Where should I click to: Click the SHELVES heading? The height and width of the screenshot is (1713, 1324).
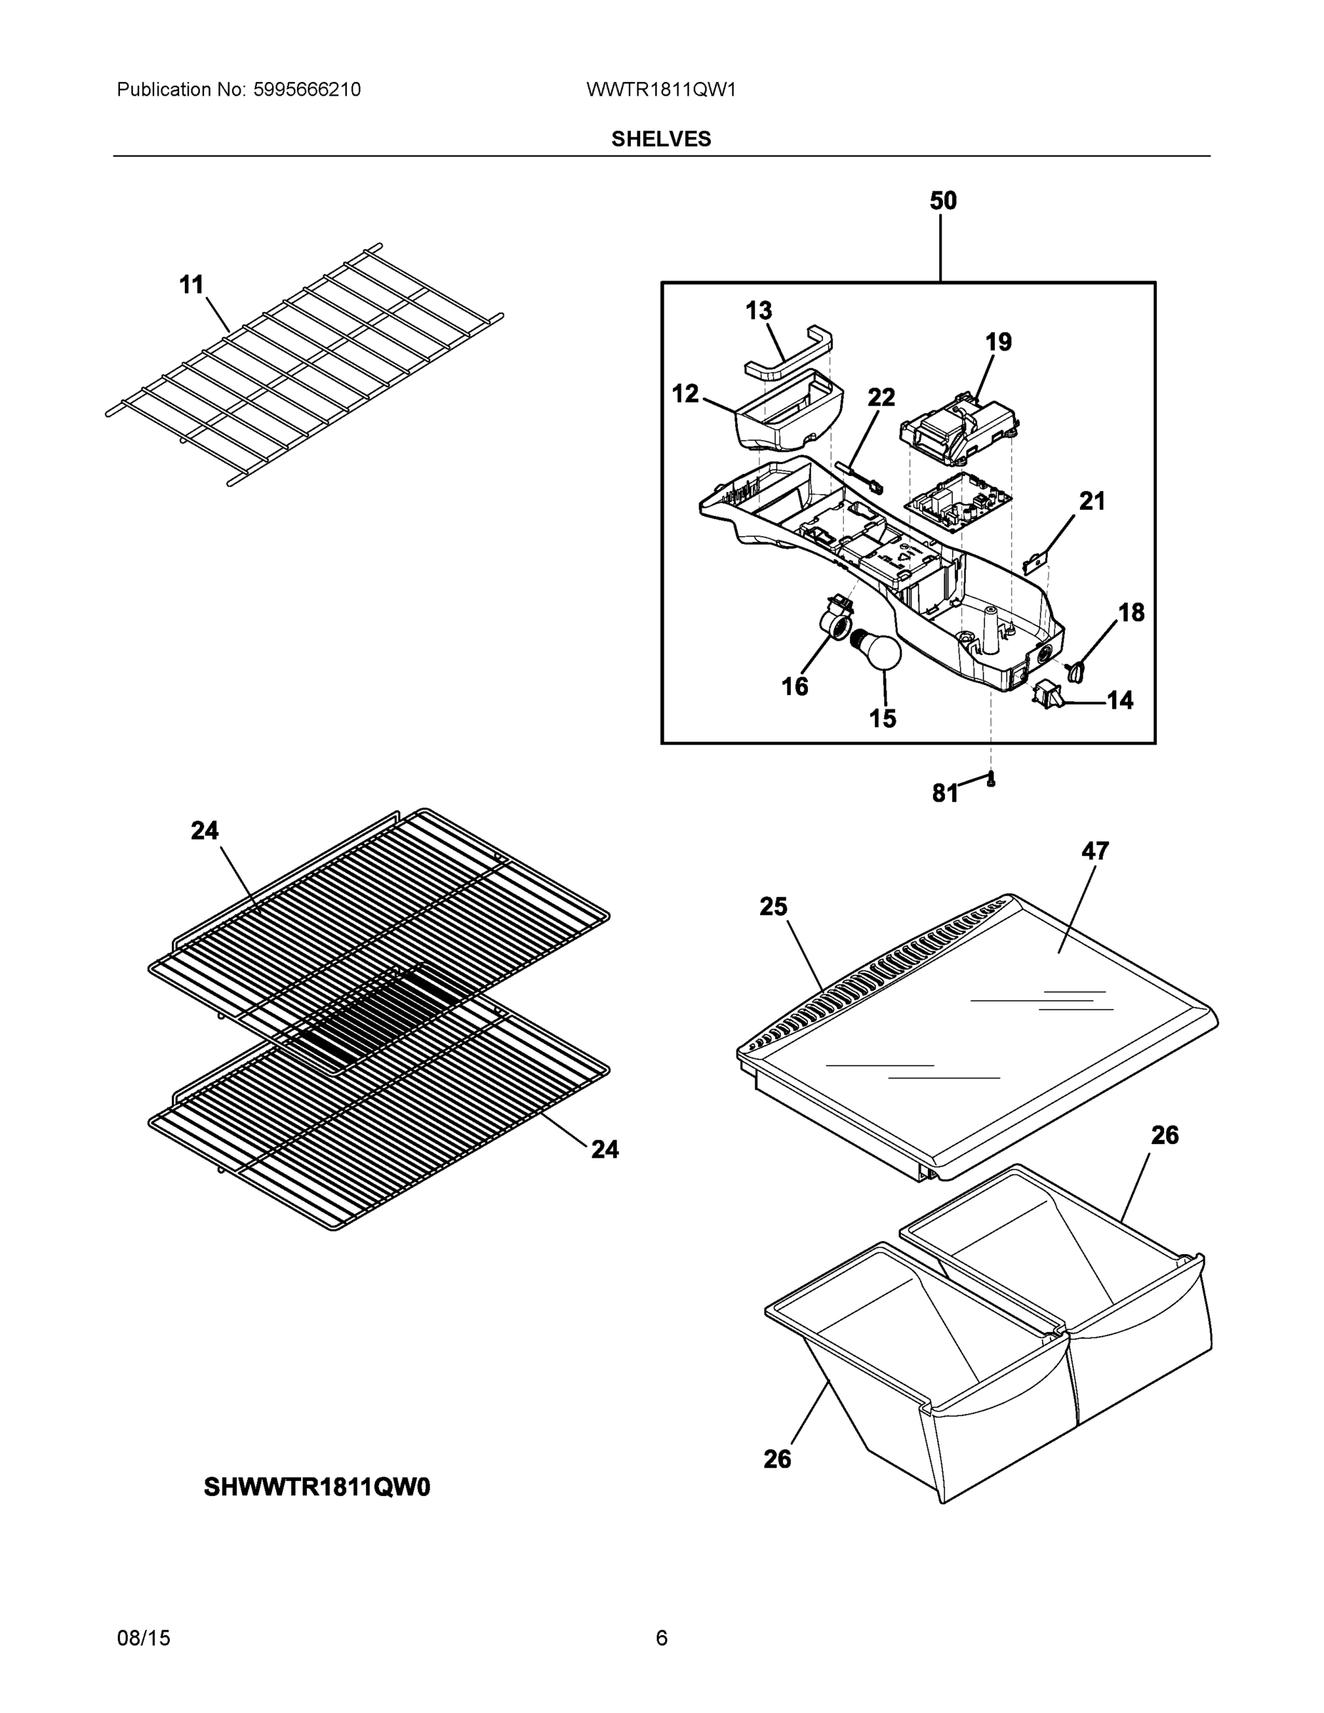(x=661, y=139)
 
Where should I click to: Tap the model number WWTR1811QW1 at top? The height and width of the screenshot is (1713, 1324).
(x=660, y=89)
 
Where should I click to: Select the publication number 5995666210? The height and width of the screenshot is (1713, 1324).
(x=307, y=89)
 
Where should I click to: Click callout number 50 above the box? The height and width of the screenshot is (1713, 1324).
(x=943, y=201)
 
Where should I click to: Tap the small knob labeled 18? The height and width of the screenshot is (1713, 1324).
(x=1076, y=669)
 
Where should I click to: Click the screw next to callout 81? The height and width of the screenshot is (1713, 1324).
(x=991, y=779)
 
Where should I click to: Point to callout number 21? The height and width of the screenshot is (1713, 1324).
(x=1092, y=500)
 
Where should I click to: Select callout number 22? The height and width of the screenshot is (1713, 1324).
(x=881, y=398)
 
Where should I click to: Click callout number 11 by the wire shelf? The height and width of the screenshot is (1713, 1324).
(x=191, y=285)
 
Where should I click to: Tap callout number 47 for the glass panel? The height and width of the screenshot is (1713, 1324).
(x=1095, y=850)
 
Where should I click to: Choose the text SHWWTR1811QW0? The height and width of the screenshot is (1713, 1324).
(x=317, y=1487)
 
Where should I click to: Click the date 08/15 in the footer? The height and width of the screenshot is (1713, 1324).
(x=143, y=1638)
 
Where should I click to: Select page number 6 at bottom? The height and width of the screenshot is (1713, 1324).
(x=661, y=1638)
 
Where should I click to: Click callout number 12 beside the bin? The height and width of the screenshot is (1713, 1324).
(x=684, y=394)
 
